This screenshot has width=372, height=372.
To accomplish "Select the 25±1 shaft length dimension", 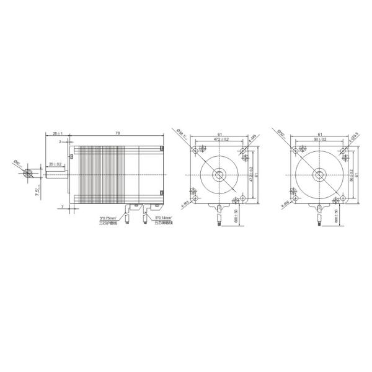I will coord(58,133).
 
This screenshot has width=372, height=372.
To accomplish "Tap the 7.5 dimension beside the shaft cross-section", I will coord(37,190).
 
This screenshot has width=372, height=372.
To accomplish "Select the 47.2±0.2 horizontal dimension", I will coord(221,139).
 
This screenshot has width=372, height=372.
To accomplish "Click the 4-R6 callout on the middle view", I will coord(184,203).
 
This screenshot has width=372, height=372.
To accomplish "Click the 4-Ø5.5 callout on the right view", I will coord(352,141).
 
